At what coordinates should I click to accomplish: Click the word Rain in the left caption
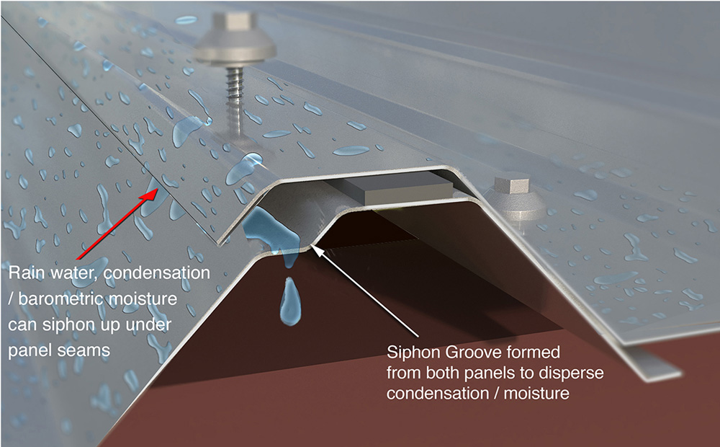pyautogui.click(x=26, y=275)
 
